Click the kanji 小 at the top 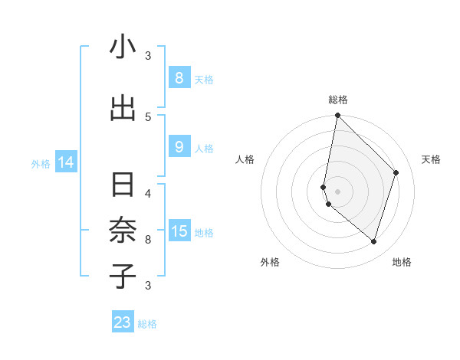tap(123, 47)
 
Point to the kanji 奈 tap(123, 231)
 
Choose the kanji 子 tap(123, 277)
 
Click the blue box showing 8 tap(179, 77)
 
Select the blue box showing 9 tap(179, 147)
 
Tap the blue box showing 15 tap(179, 231)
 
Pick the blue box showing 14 tap(66, 162)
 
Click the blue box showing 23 tap(123, 322)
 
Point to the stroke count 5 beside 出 tap(148, 116)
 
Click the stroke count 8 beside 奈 tap(148, 239)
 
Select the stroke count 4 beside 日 tap(148, 193)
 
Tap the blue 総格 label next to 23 tap(147, 324)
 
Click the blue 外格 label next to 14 tap(40, 163)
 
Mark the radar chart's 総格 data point tap(337, 115)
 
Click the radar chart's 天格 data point tap(396, 172)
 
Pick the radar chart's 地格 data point tap(373, 241)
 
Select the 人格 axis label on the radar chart tap(245, 159)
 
